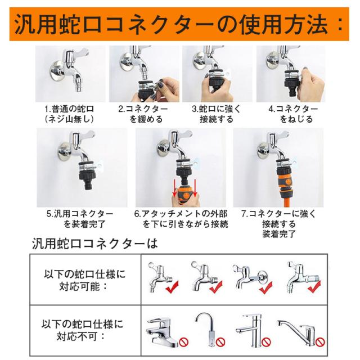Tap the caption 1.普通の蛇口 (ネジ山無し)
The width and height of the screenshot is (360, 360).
[x=69, y=114]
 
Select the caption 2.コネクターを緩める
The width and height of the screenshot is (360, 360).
[x=143, y=114]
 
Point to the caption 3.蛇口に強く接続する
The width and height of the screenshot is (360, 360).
[x=216, y=114]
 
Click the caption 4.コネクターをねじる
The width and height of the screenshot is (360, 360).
[x=293, y=114]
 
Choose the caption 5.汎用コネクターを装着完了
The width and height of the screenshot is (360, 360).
[x=80, y=219]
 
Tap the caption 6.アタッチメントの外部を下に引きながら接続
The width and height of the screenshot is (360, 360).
[x=181, y=219]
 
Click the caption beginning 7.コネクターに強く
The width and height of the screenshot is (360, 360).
[x=279, y=224]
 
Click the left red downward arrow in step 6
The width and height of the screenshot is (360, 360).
[x=175, y=188]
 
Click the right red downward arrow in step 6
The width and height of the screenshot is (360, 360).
[x=195, y=188]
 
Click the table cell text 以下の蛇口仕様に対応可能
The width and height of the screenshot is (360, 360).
[x=85, y=280]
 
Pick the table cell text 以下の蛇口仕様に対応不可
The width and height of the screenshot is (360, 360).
[x=82, y=330]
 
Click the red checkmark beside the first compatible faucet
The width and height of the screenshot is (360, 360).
[x=172, y=287]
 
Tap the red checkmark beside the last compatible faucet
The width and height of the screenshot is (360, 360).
[x=314, y=287]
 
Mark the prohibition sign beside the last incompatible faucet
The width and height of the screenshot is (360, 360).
[x=320, y=343]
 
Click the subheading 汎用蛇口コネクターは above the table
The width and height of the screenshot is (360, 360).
[x=94, y=244]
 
